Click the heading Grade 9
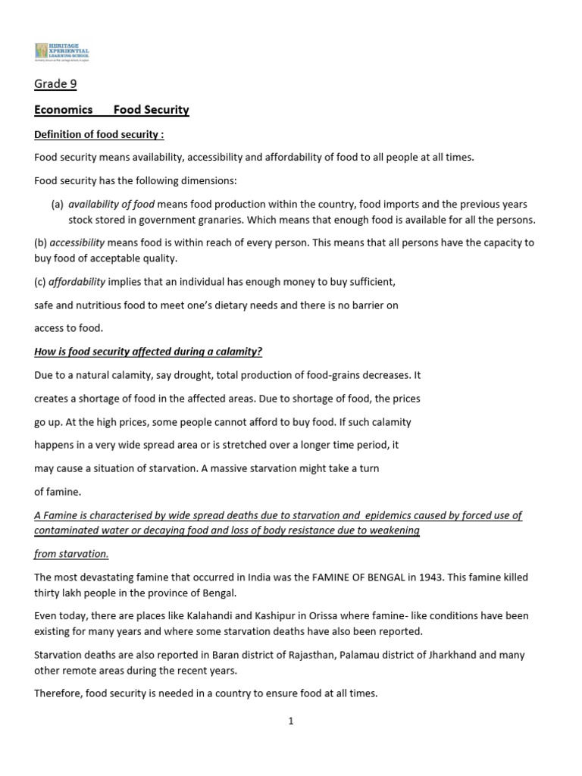pos(55,84)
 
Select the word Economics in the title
pos(64,110)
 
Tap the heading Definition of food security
pos(99,135)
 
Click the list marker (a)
pos(57,205)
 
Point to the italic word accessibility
pos(77,243)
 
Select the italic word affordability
pos(77,282)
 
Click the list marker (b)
pos(41,243)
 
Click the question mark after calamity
pos(260,352)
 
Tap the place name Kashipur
pos(275,616)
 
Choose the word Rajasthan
pos(289,655)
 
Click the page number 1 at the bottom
pos(290,722)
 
